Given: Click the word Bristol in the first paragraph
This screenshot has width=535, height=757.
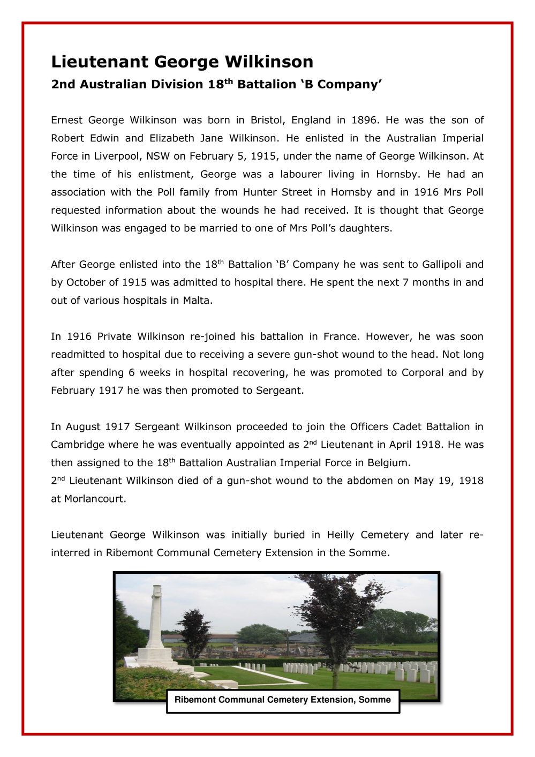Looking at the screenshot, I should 267,120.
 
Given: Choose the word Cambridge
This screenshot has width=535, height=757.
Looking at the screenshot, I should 77,445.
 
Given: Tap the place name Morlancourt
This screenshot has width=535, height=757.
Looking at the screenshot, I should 95,499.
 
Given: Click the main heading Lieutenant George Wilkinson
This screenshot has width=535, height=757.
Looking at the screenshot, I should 182,62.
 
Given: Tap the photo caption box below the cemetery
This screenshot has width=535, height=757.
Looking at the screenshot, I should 283,700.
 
